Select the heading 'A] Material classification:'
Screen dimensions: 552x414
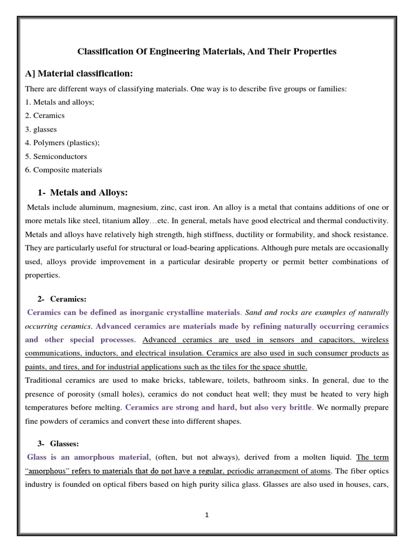[79, 73]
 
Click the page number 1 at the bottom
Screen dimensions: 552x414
[206, 515]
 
